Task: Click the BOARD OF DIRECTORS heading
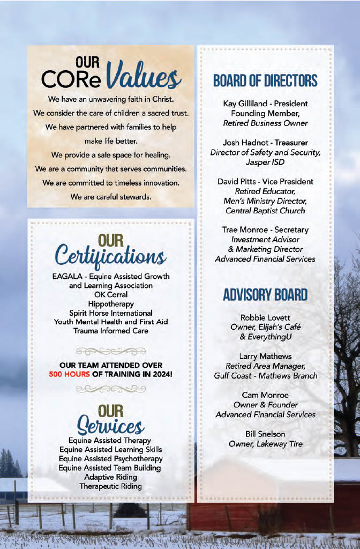click(x=265, y=81)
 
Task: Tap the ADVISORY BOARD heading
click(x=265, y=295)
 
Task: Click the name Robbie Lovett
click(x=265, y=317)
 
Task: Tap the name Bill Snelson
click(x=265, y=434)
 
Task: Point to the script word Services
click(x=110, y=427)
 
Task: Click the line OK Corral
click(x=111, y=294)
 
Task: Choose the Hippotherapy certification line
click(x=111, y=303)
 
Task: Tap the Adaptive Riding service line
click(x=111, y=477)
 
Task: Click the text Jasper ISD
click(x=265, y=161)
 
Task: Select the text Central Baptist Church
click(x=265, y=210)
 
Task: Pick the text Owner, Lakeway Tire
click(x=265, y=443)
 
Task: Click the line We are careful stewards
click(x=111, y=197)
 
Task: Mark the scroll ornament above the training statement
click(x=111, y=351)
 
